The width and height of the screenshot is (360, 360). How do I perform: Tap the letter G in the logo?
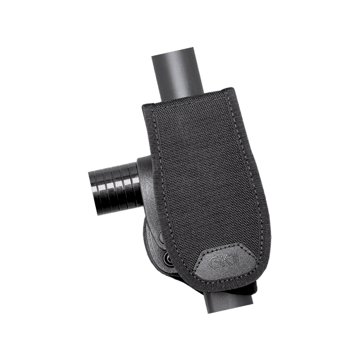click(215, 262)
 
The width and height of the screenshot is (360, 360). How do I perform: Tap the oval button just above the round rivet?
click(162, 239)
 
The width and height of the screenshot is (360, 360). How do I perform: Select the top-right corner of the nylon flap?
click(232, 89)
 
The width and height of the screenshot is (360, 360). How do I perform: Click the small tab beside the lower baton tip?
click(251, 289)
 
